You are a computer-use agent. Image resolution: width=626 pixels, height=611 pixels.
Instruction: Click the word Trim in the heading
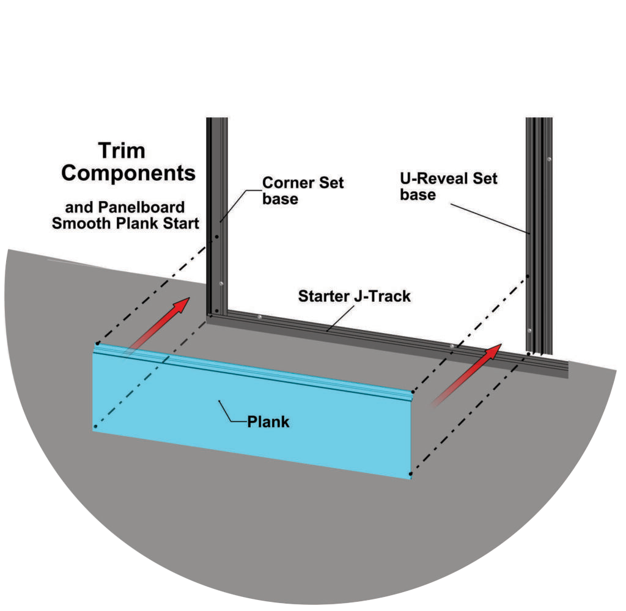[x=122, y=150]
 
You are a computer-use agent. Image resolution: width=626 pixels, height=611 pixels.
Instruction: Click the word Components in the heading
[x=128, y=173]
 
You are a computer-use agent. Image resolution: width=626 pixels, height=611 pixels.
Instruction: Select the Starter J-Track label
[x=354, y=297]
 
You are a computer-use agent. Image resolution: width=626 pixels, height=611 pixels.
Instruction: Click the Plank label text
[x=268, y=422]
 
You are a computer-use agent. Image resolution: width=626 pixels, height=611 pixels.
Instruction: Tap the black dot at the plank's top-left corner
[x=97, y=343]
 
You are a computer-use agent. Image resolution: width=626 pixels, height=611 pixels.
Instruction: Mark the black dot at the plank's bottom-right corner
[x=411, y=474]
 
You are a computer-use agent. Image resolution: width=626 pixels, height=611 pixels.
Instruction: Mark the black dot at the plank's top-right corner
[x=411, y=392]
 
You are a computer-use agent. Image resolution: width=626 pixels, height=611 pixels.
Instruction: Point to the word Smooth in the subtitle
[x=78, y=223]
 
